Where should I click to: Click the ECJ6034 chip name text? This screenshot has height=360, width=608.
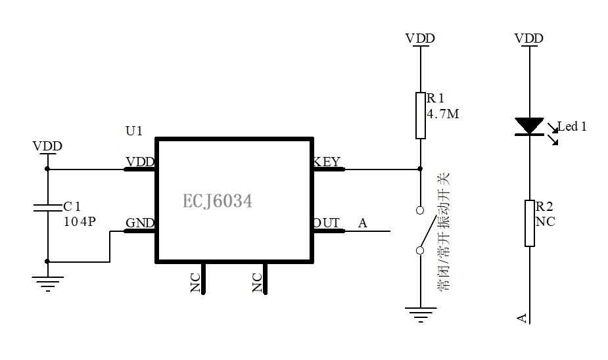pos(217,201)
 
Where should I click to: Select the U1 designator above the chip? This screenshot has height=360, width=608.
pos(134,131)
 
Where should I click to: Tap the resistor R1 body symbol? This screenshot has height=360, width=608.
pos(420,116)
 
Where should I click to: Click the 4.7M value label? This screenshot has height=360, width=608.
pos(443,114)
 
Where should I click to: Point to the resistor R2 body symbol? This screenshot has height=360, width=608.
pos(530,223)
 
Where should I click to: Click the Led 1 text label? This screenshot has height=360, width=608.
pos(572,126)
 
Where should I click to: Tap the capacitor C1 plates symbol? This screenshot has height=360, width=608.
pos(48,208)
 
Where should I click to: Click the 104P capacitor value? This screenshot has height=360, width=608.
pos(80,221)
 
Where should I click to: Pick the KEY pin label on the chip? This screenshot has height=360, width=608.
pos(327,162)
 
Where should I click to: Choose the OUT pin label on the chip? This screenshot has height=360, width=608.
pos(327,223)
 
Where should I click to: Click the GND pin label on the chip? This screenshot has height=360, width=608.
pos(140,223)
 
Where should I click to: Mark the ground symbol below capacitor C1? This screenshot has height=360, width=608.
pos(48,284)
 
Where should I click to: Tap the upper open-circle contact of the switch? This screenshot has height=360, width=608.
pos(420,210)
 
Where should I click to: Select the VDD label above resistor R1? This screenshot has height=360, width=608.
pos(420,38)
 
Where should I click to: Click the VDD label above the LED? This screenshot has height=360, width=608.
pos(529,38)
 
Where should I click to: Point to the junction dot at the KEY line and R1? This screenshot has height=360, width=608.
pos(420,169)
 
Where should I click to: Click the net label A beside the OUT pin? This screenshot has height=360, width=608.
pos(363,223)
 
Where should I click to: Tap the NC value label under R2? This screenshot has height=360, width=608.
pos(545,221)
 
